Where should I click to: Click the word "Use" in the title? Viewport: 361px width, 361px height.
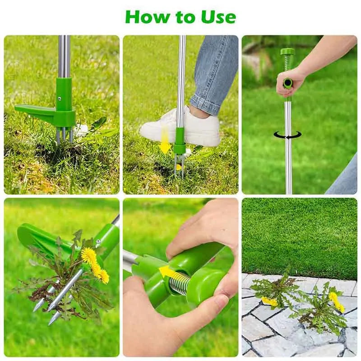click(x=219, y=17)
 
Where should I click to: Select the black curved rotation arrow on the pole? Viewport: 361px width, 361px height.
click(x=287, y=134)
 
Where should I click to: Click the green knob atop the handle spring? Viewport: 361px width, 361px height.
click(x=287, y=52)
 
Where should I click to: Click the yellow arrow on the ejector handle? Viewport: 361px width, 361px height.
click(x=167, y=273)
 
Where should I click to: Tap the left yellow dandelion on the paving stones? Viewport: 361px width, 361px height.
click(x=269, y=301)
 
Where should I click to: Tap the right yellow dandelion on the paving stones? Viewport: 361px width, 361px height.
click(x=336, y=301)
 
